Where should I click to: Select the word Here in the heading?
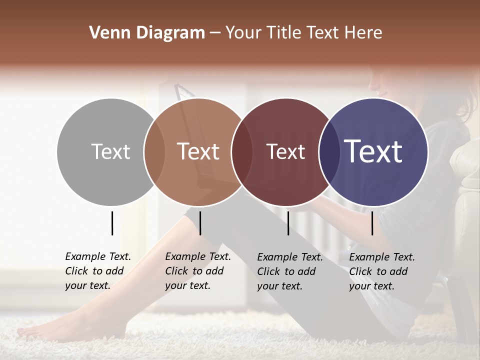363,33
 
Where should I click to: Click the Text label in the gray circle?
110,151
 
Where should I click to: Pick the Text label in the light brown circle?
198,151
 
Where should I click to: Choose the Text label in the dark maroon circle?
285,151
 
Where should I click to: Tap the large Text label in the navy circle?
373,151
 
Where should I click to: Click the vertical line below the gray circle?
112,223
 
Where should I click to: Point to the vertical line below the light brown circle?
200,223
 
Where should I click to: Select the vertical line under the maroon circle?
288,223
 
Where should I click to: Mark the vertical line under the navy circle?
372,223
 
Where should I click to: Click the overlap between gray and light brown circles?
154,151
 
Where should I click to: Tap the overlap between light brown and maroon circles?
241,151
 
